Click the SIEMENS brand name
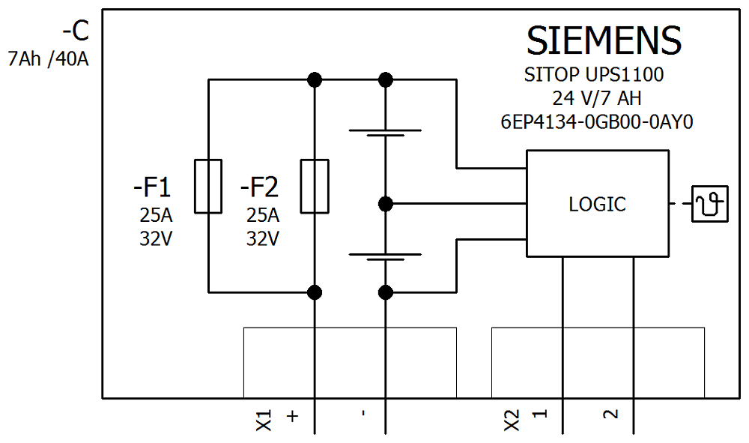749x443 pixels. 604,40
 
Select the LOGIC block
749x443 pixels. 597,204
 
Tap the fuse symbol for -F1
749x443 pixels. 208,186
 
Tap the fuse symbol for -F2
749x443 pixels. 315,186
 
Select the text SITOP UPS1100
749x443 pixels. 594,75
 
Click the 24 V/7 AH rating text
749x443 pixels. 597,98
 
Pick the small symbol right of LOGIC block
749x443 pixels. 709,204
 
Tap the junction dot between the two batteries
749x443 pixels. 385,203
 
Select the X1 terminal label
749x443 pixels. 264,421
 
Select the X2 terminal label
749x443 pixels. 512,421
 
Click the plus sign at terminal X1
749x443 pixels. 293,415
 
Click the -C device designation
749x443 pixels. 75,31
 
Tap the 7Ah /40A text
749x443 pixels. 46,58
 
